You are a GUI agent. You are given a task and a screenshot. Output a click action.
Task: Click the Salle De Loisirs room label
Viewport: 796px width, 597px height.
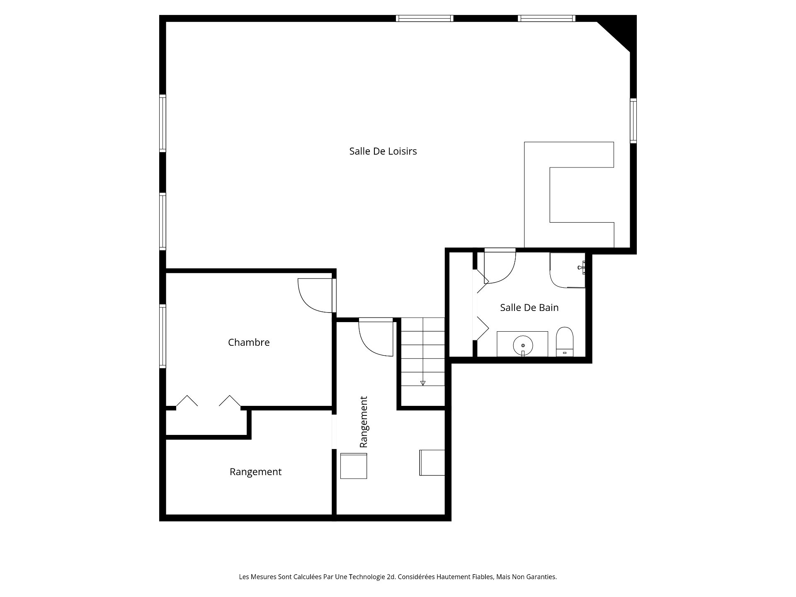coord(383,151)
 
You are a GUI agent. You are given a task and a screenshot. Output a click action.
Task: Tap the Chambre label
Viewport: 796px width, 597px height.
coord(249,342)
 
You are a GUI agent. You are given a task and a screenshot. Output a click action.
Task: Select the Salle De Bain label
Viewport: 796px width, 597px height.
coord(529,308)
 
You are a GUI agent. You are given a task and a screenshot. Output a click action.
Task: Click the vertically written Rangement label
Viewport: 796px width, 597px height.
coord(364,422)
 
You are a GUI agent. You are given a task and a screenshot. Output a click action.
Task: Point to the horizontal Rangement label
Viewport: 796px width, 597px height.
coord(255,472)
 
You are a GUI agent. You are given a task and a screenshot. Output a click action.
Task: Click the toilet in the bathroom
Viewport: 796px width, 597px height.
coord(564,342)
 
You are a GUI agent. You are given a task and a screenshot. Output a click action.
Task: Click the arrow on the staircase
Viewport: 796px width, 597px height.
coord(422,383)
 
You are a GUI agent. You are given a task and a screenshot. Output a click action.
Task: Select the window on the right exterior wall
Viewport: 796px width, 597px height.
coord(633,121)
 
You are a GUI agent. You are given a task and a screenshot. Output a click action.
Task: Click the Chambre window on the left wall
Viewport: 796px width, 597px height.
coord(163,336)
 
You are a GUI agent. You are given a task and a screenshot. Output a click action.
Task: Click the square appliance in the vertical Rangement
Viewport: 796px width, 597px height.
coord(353,466)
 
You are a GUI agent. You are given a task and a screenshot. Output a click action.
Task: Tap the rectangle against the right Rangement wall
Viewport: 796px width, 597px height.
coord(432,462)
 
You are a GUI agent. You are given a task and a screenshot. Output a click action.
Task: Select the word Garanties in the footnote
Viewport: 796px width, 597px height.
coord(541,577)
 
